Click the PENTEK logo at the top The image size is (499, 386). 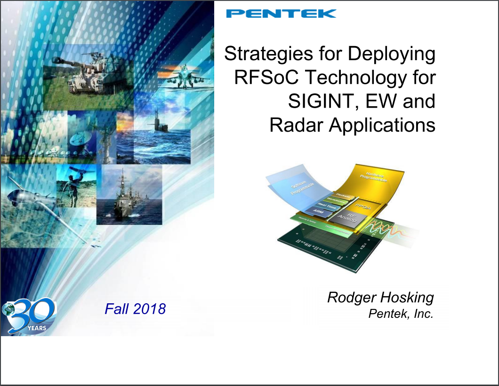[x=281, y=13]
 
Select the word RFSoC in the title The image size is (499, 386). [x=261, y=77]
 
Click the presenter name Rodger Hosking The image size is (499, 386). [x=380, y=297]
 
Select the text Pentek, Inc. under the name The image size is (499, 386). [x=400, y=314]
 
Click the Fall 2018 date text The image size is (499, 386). [x=135, y=309]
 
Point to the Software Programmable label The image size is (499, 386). [x=299, y=187]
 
